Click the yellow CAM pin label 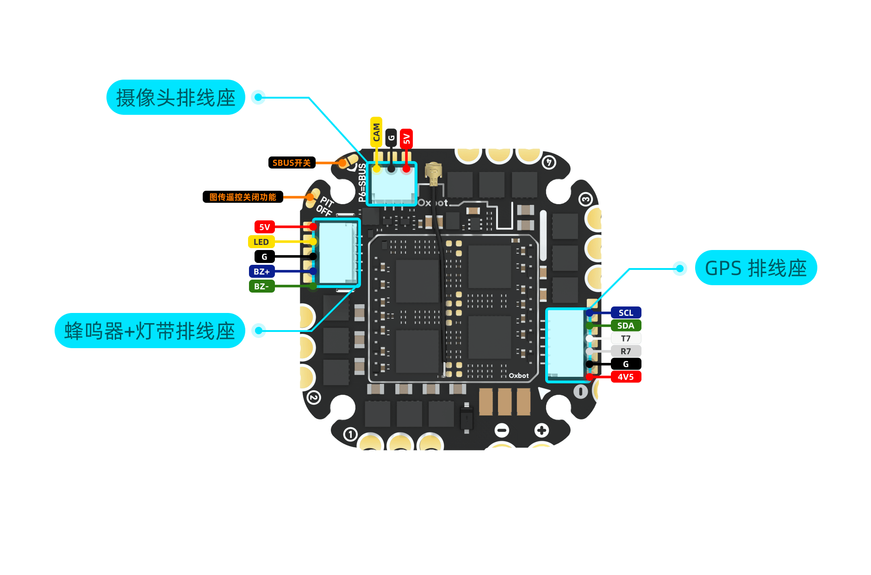[x=376, y=132]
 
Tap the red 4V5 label [x=626, y=377]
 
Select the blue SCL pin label [x=626, y=313]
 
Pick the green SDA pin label [x=626, y=326]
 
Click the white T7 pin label [x=626, y=338]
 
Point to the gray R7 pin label [x=626, y=351]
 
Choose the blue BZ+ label [x=261, y=272]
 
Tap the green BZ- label [x=261, y=287]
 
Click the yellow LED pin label [x=261, y=242]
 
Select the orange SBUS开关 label [x=292, y=163]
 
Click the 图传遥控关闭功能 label [x=243, y=197]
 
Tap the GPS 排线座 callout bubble [x=756, y=268]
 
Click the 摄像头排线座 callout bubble [x=176, y=98]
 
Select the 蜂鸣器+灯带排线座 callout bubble [x=149, y=331]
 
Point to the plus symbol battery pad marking [x=541, y=431]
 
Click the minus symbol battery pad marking [x=502, y=431]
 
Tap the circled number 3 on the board [x=585, y=200]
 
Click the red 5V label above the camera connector [x=406, y=138]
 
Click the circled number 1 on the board [x=350, y=434]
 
